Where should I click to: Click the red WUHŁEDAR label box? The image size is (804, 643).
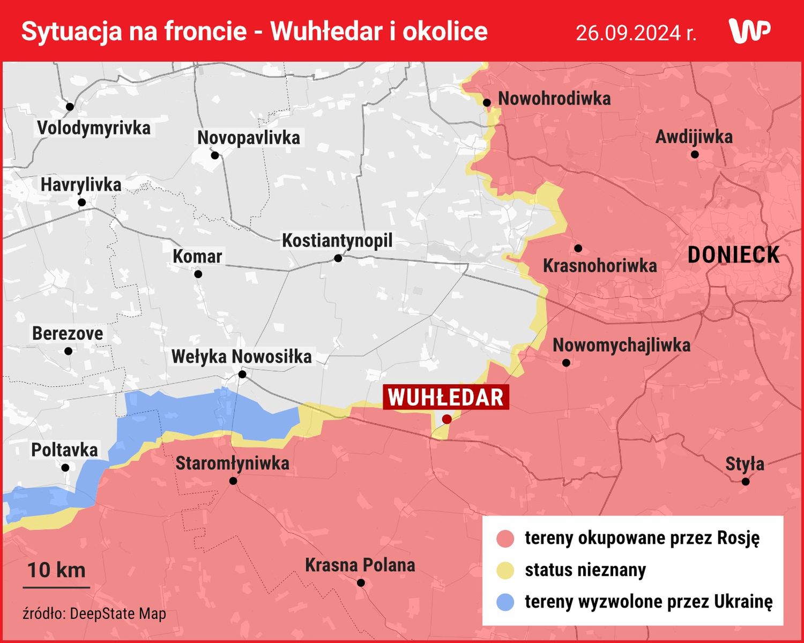tap(445, 398)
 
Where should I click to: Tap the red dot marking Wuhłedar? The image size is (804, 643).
tap(447, 419)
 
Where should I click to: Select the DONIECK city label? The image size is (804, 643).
tap(733, 255)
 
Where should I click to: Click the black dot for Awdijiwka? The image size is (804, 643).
tap(695, 154)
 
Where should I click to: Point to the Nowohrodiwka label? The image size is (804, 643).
tap(554, 99)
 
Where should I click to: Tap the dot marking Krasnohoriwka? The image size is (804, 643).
tap(578, 249)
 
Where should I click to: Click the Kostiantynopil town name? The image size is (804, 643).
tap(337, 241)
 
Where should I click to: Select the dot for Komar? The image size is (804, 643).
tap(198, 274)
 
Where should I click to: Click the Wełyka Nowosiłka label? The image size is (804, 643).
tap(241, 356)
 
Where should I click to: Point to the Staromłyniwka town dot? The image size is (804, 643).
tap(233, 481)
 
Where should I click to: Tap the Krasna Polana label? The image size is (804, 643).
tap(360, 565)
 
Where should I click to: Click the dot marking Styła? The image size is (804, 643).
tap(746, 481)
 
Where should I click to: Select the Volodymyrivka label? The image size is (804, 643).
tap(94, 128)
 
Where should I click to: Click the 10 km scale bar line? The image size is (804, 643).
tap(56, 587)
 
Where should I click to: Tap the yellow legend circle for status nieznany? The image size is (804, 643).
tap(505, 570)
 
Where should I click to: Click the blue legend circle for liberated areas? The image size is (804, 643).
tap(505, 602)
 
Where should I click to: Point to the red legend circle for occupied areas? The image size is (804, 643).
tap(505, 539)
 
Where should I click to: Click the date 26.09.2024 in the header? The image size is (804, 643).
tap(636, 33)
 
